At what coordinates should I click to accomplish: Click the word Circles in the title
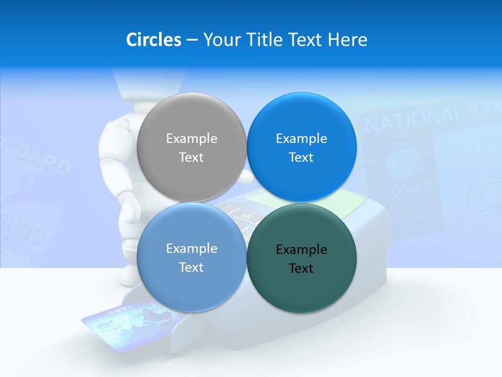pos(153,40)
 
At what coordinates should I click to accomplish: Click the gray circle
pos(191,147)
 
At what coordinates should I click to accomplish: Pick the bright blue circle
pos(301,147)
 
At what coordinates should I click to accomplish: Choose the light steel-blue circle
pos(191,257)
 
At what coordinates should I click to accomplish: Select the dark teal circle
pos(301,258)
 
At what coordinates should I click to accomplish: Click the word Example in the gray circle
pos(191,138)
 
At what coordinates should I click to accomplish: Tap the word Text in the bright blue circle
pos(301,157)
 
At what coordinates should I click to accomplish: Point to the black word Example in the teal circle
pos(301,249)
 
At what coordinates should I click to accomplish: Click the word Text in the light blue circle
pos(191,267)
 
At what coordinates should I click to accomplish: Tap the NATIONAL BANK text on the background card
pos(429,118)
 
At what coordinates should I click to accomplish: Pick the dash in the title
pos(192,40)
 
